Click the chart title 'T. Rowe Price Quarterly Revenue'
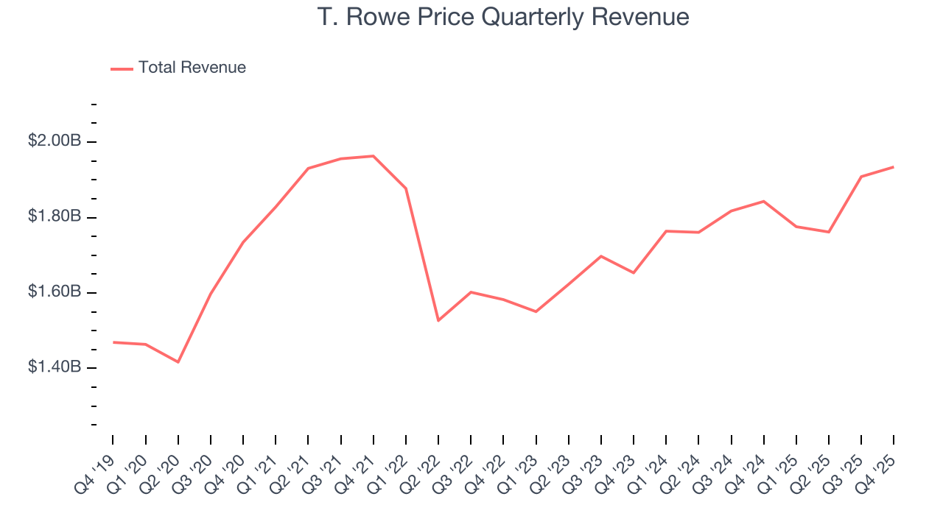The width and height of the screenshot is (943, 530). [x=503, y=17]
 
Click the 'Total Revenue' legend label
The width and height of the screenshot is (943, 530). [x=192, y=68]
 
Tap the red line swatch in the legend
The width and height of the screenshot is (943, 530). [x=122, y=68]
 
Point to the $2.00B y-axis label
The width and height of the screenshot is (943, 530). [x=55, y=141]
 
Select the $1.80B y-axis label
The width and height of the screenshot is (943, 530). [x=55, y=217]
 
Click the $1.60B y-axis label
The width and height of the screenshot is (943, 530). [x=55, y=292]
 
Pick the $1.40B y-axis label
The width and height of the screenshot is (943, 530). [x=55, y=367]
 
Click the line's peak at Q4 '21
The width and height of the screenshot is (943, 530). [x=374, y=156]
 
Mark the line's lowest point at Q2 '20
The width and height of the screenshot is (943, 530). [x=178, y=362]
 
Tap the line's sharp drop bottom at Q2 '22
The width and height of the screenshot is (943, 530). [x=438, y=320]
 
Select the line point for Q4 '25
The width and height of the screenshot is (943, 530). [x=894, y=167]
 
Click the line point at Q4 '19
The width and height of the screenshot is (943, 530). [x=113, y=342]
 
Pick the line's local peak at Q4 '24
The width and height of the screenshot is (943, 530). [x=764, y=201]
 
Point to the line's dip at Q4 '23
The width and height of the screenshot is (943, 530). [x=634, y=273]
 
